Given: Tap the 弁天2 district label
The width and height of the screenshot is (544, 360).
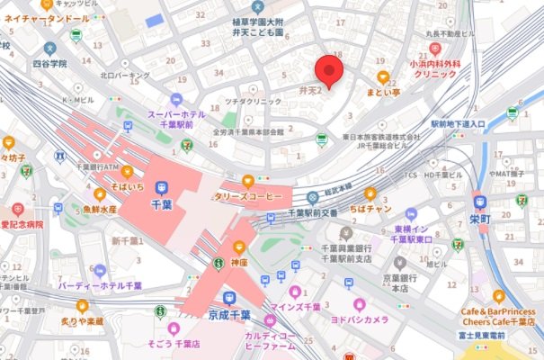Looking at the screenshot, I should pyautogui.click(x=308, y=91).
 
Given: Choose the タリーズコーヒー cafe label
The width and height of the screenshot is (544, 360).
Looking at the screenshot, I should pyautogui.click(x=246, y=196).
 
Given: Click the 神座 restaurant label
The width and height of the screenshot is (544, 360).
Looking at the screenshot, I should pyautogui.click(x=238, y=264).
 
